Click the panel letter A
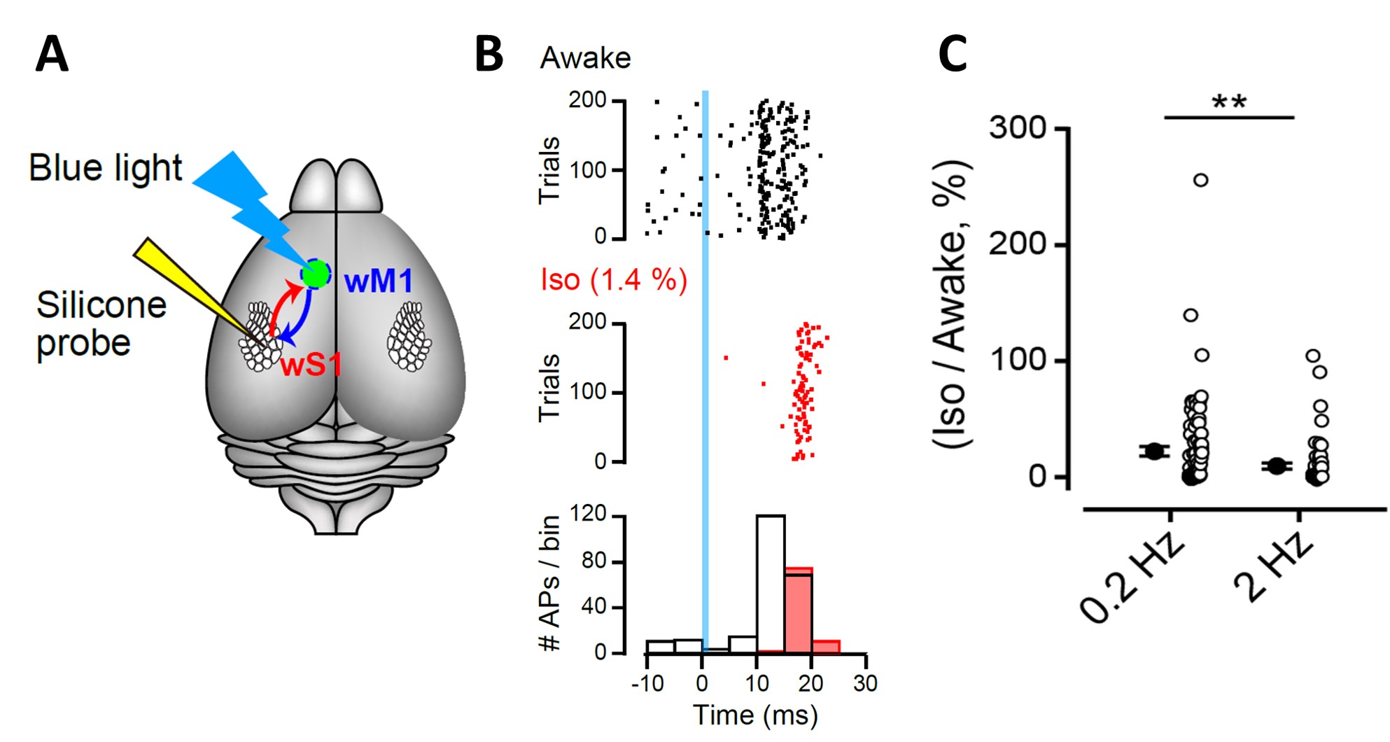[x=52, y=55]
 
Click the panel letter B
[x=489, y=55]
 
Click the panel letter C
[x=952, y=55]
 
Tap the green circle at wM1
[x=316, y=274]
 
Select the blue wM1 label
[x=379, y=281]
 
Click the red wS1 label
[x=311, y=365]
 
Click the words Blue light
[x=105, y=168]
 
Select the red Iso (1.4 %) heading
[x=614, y=280]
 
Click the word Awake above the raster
[x=585, y=58]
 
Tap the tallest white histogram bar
[x=771, y=584]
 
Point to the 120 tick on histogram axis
[x=589, y=514]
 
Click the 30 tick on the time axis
[x=865, y=683]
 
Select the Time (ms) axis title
[x=755, y=715]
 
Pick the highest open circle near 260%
[x=1200, y=181]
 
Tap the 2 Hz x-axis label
[x=1274, y=567]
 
